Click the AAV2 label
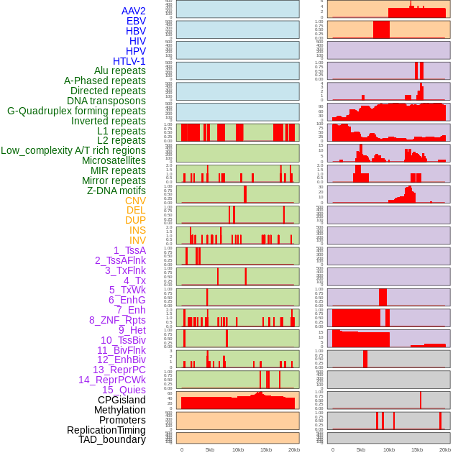tap(133, 11)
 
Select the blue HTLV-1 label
tap(129, 61)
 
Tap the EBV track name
tap(136, 21)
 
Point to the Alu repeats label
tap(119, 70)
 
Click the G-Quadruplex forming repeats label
tap(76, 111)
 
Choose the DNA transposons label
tap(106, 101)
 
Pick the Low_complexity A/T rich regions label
tap(73, 150)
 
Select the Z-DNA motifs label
tap(116, 191)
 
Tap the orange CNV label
tap(135, 201)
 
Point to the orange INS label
tap(137, 230)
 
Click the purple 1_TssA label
tap(129, 250)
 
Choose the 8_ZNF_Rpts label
tap(117, 320)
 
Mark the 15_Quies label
tap(124, 390)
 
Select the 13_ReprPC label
tap(119, 370)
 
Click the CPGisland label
tap(122, 400)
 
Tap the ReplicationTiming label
tap(106, 430)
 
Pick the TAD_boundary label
tap(111, 439)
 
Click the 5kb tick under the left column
tap(210, 449)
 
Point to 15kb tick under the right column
tap(416, 449)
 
